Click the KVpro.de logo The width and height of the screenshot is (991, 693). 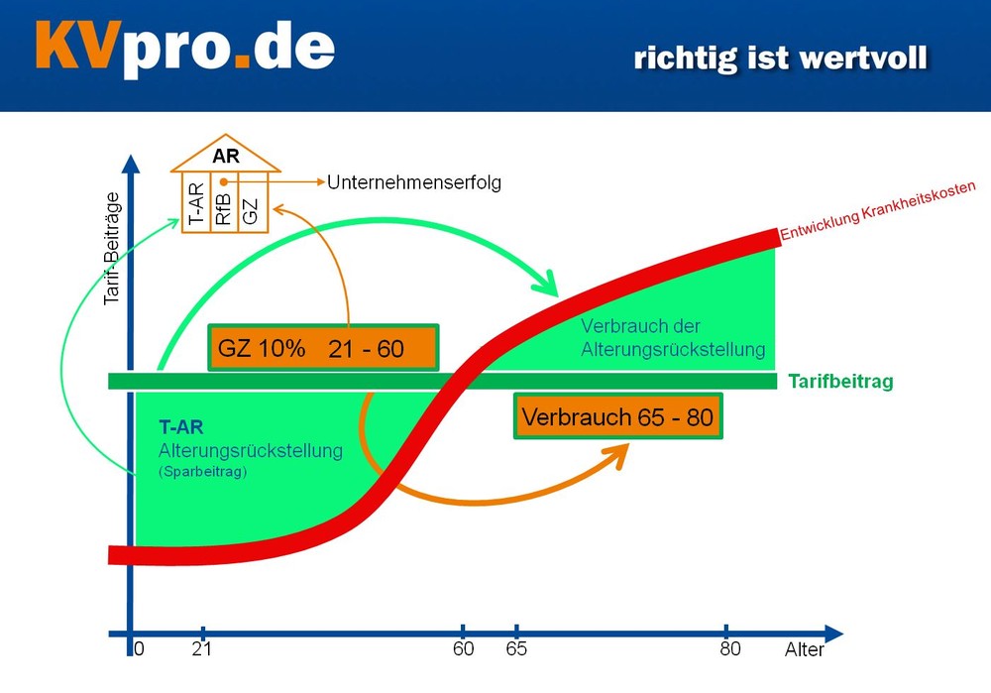[x=184, y=48]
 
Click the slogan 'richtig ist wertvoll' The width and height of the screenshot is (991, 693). [x=781, y=58]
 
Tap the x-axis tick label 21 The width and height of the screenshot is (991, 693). [x=201, y=648]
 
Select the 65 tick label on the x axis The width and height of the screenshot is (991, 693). [x=516, y=648]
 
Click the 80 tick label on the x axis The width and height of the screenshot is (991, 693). [x=730, y=648]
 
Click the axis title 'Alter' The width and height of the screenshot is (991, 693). [x=805, y=649]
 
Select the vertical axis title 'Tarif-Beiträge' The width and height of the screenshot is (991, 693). [x=112, y=249]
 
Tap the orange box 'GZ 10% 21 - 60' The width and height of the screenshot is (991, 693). [x=324, y=348]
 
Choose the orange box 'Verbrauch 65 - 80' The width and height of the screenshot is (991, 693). [x=618, y=416]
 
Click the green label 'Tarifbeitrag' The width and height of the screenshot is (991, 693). [x=840, y=382]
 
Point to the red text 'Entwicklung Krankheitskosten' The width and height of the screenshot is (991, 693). [x=878, y=211]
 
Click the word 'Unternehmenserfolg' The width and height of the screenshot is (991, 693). [x=414, y=182]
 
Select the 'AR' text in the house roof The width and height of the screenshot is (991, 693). [x=226, y=157]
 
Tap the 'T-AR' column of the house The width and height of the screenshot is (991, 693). [x=196, y=203]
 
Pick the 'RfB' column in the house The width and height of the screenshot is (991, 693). [x=224, y=203]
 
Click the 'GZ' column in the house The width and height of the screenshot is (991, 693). [x=251, y=203]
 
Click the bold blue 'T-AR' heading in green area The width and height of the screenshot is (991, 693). [x=180, y=427]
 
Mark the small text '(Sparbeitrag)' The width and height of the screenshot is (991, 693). [x=202, y=472]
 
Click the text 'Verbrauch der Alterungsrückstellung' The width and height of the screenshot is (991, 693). [x=673, y=338]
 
